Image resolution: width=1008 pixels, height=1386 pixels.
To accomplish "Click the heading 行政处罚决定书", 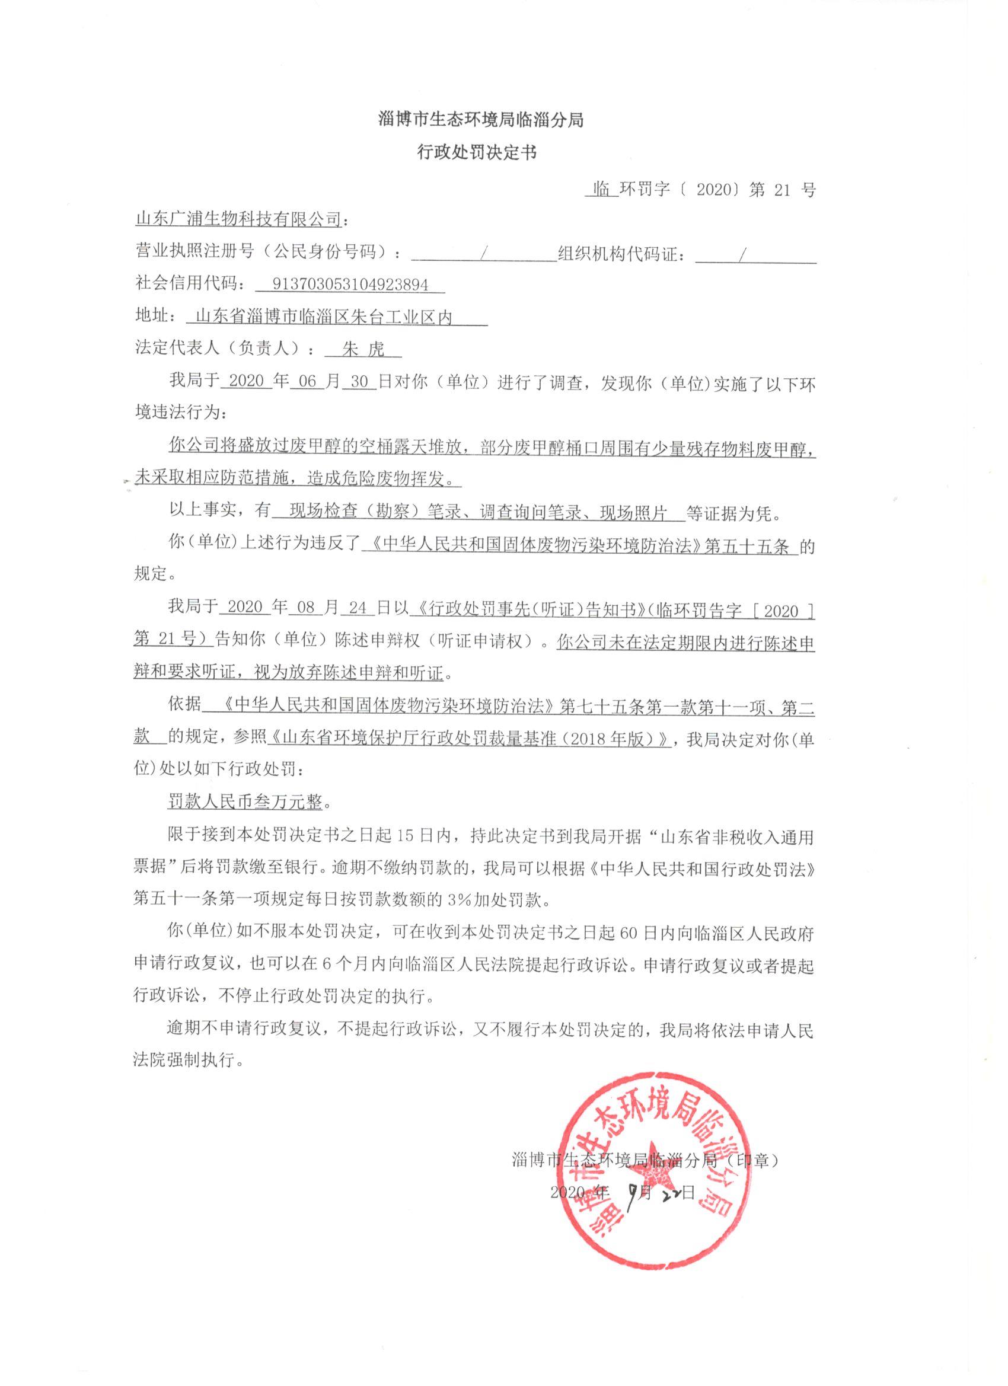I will pyautogui.click(x=476, y=153).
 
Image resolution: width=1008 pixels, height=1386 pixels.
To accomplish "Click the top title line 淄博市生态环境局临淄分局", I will pyautogui.click(x=481, y=120).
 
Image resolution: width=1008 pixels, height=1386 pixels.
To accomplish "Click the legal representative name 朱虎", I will pyautogui.click(x=363, y=350).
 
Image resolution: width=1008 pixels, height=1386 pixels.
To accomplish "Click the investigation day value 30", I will pyautogui.click(x=359, y=382).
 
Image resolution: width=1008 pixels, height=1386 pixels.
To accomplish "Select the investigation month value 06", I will pyautogui.click(x=308, y=382).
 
